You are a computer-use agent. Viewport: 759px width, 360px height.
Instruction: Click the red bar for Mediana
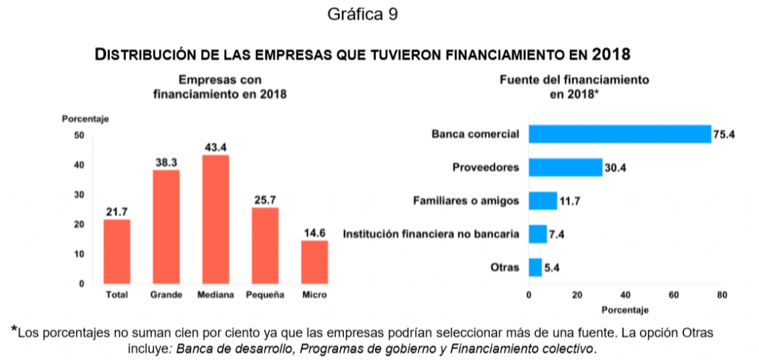pos(216,219)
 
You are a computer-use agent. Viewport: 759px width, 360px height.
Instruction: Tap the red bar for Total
pos(116,251)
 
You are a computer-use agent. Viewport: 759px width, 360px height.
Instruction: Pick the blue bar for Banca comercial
pos(620,133)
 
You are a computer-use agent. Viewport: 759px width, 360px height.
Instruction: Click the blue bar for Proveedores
pos(565,167)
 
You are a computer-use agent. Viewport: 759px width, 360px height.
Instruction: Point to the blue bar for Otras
pos(534,267)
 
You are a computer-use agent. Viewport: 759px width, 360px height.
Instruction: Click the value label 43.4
pos(216,147)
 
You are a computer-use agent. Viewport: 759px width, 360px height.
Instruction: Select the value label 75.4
pos(723,134)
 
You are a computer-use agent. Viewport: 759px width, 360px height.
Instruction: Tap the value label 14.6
pos(314,233)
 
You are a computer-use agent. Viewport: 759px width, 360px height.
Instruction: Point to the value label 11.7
pos(569,201)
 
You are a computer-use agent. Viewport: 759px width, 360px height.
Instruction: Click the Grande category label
pos(166,296)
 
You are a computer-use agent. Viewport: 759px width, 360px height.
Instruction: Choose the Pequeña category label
pos(265,296)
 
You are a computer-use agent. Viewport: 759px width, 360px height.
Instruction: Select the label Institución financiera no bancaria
pos(431,234)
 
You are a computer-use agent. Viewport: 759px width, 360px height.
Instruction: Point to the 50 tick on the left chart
pos(79,136)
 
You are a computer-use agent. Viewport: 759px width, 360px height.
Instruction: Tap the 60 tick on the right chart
pos(674,296)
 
